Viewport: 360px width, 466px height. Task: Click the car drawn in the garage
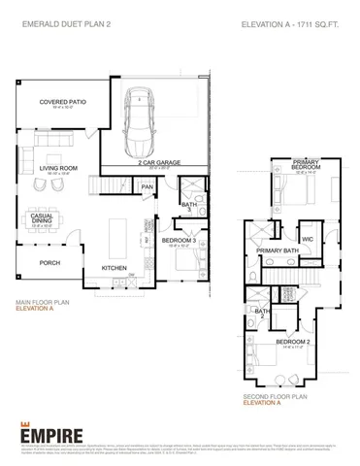click(144, 123)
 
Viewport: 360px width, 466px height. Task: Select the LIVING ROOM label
click(58, 168)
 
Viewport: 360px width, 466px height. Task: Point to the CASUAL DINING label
click(42, 218)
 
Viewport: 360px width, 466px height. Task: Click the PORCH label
click(49, 262)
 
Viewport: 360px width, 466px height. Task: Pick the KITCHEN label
click(115, 270)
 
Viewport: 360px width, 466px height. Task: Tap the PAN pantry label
click(147, 187)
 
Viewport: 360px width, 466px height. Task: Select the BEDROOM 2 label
click(292, 342)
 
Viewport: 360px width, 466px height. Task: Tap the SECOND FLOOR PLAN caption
click(276, 396)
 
